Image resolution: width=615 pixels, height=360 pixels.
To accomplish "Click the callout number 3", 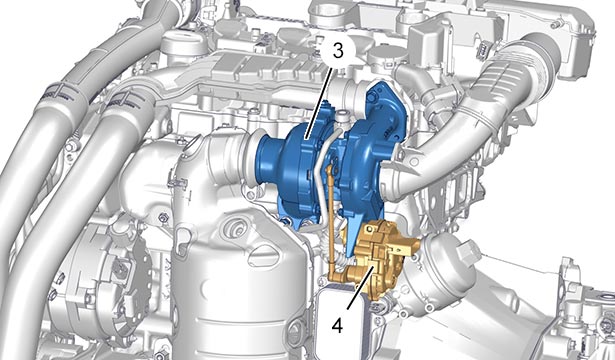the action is [338, 50].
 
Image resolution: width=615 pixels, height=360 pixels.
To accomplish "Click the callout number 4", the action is [338, 325].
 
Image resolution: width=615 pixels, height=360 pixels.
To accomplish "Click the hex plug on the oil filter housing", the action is [470, 250].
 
